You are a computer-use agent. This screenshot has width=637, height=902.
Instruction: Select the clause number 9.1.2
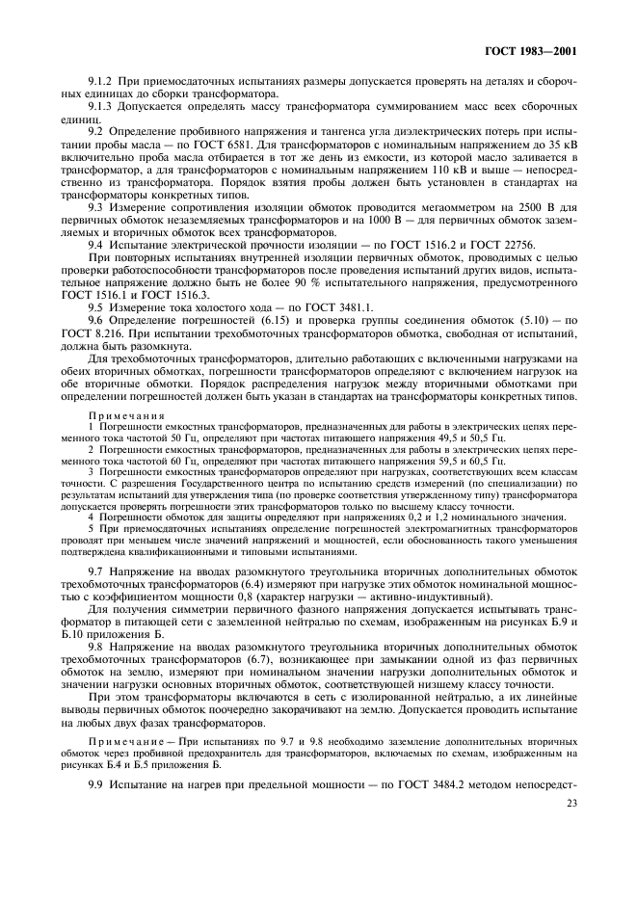(x=102, y=82)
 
